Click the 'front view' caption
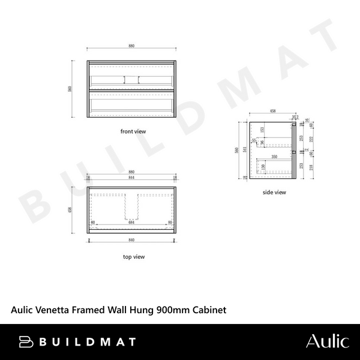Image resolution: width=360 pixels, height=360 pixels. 133,131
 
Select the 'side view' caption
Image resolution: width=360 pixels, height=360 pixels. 274,193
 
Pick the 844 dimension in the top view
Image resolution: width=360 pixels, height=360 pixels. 132,178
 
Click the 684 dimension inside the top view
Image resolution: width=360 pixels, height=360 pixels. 132,222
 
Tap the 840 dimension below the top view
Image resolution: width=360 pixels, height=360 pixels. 132,239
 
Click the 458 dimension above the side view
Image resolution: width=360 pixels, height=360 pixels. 272,111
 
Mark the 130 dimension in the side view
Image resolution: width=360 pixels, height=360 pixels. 263,166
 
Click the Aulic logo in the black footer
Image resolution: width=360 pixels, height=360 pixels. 327,342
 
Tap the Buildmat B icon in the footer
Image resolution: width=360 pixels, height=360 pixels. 26,342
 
